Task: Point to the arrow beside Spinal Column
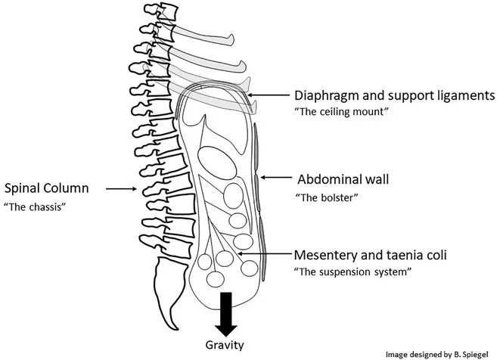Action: tap(120, 189)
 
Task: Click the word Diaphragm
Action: tap(325, 97)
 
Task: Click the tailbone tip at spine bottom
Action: tap(175, 330)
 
